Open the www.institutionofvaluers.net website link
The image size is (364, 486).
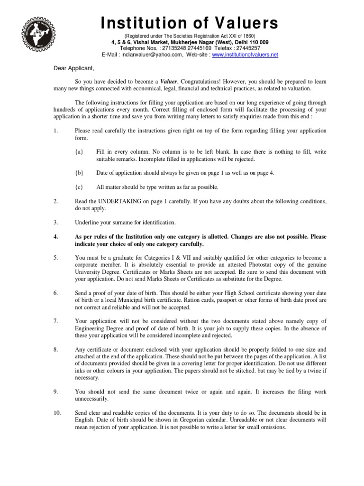[x=245, y=55]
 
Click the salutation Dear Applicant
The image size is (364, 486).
[x=71, y=67]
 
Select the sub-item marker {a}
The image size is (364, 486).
[x=79, y=151]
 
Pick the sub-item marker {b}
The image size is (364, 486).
[x=79, y=173]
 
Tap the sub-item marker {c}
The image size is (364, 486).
[x=79, y=187]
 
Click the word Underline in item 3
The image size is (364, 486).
[x=88, y=222]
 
